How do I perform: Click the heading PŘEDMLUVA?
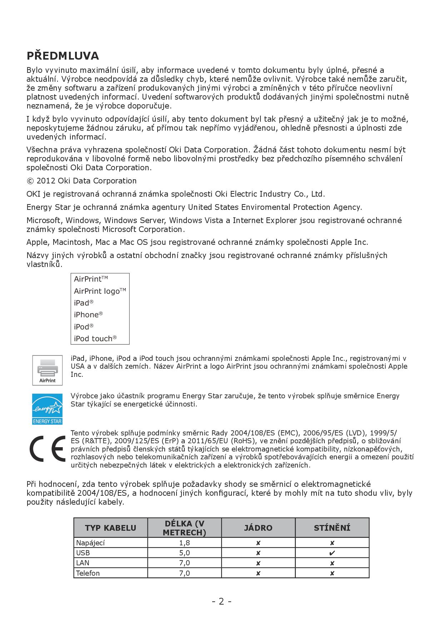coord(63,56)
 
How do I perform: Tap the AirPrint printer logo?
coord(47,370)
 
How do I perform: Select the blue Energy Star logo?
coord(47,409)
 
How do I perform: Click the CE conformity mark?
coord(47,448)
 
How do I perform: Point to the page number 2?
coord(221,601)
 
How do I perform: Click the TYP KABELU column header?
coord(110,528)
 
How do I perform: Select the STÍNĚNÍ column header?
coord(332,528)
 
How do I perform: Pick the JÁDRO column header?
coord(258,528)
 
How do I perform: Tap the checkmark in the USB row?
coord(332,553)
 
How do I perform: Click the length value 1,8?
coord(184,543)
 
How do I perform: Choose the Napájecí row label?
coord(90,543)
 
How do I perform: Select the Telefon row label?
coord(88,573)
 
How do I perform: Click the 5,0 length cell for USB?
coord(184,553)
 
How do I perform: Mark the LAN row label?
coord(83,563)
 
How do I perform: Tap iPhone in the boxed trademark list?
coord(86,315)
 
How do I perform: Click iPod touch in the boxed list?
coord(93,339)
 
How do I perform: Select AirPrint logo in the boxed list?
coord(97,291)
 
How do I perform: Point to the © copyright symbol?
coord(30,181)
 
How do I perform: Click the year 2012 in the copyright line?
coord(46,181)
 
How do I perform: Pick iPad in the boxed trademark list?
coord(81,303)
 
